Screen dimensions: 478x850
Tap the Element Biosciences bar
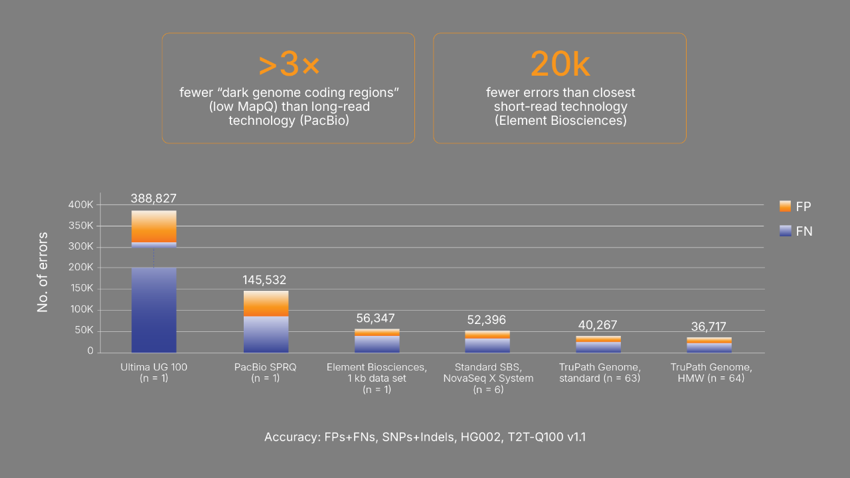[x=377, y=341]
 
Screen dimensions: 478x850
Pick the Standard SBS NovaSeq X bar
[x=487, y=342]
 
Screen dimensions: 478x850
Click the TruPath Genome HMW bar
[x=709, y=345]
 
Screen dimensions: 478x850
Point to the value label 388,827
[x=153, y=199]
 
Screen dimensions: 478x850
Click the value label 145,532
[x=264, y=280]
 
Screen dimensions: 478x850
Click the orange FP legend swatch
[x=785, y=206]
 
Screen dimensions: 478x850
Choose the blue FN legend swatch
[x=785, y=231]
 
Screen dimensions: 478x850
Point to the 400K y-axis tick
[x=81, y=205]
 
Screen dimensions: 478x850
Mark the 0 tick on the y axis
[x=90, y=352]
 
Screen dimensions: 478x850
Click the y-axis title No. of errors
[x=42, y=272]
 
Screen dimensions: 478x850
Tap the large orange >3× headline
[x=288, y=65]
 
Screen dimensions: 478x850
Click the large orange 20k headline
[x=560, y=65]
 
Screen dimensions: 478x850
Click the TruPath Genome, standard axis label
[x=597, y=372]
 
